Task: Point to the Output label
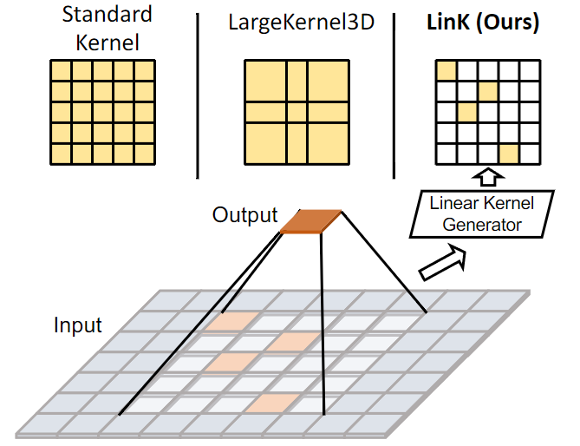[x=245, y=214]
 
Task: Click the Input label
[x=78, y=326]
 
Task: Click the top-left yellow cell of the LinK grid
[x=446, y=70]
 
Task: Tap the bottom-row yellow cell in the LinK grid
[x=509, y=154]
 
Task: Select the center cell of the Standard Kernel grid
[x=102, y=113]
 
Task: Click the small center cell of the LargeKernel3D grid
[x=297, y=113]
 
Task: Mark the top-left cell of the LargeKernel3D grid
[x=264, y=81]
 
